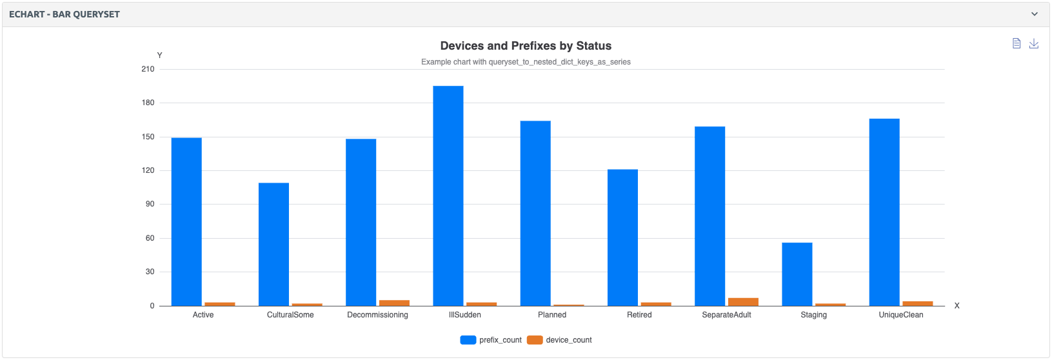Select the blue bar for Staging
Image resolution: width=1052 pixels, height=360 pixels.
(797, 274)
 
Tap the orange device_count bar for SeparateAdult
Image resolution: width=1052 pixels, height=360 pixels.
(743, 302)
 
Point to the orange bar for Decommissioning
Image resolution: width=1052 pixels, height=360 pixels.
(394, 303)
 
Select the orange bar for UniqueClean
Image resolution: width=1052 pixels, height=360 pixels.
(917, 303)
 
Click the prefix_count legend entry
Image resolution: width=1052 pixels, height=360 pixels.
(491, 340)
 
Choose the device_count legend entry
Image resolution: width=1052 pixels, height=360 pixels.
(559, 340)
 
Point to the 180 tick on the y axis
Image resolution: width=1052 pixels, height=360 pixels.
(148, 103)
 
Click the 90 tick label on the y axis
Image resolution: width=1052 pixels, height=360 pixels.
(150, 204)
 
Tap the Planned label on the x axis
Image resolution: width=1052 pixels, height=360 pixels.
(552, 315)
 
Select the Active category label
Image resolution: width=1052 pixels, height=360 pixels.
(203, 315)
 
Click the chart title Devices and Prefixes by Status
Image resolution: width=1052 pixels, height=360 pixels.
(526, 46)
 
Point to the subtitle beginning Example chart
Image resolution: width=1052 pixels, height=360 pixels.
(526, 62)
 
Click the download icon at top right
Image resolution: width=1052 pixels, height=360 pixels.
(1033, 43)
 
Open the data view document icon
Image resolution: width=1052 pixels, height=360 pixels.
(1017, 43)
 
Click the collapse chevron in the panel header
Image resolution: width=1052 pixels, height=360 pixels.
(1035, 14)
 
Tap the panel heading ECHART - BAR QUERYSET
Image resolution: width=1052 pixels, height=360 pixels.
(65, 14)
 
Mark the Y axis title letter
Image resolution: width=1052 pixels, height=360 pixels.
(160, 55)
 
